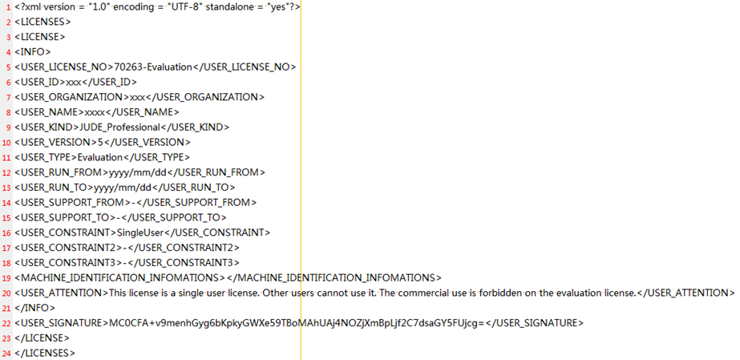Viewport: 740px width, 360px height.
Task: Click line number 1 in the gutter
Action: click(9, 7)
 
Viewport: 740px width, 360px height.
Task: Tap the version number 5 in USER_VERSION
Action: click(100, 142)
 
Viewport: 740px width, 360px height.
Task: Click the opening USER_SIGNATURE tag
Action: click(62, 323)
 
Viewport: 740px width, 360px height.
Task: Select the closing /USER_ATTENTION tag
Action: click(686, 293)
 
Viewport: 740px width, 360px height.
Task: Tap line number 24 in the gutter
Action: click(7, 353)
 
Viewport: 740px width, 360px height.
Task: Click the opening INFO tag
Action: click(33, 52)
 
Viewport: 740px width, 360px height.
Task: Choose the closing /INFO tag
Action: click(35, 308)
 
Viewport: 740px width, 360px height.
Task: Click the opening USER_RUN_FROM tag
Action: click(62, 172)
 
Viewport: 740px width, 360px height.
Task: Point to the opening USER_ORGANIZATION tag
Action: click(71, 97)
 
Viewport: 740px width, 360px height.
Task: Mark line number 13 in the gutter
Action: click(7, 188)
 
